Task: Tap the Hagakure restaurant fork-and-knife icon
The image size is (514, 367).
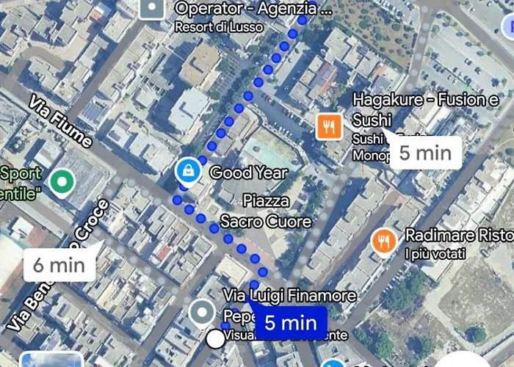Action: (330, 126)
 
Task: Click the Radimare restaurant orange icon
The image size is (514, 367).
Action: (383, 241)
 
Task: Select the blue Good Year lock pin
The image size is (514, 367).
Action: (189, 172)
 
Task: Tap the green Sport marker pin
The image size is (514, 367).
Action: (61, 180)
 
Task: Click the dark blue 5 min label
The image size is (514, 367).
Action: (290, 322)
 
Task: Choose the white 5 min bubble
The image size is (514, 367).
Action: (424, 153)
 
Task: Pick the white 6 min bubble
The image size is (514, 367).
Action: (59, 265)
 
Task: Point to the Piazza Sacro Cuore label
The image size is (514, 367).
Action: (266, 211)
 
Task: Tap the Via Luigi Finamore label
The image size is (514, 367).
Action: (289, 296)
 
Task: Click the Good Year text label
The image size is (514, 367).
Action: (249, 173)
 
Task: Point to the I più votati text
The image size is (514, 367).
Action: (435, 254)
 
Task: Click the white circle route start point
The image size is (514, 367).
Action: (215, 338)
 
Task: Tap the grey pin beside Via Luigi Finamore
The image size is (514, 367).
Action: (200, 313)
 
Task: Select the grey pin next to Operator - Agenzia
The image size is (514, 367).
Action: (152, 9)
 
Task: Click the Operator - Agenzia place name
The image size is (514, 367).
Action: (253, 10)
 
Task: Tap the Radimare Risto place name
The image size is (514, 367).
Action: (458, 236)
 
